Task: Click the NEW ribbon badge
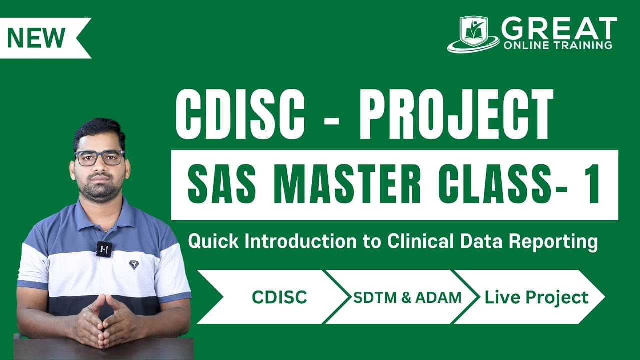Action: click(x=43, y=38)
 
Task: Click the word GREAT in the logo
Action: click(x=559, y=28)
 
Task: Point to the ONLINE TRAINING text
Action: click(x=558, y=45)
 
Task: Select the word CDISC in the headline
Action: click(x=240, y=114)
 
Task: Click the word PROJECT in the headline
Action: click(x=456, y=114)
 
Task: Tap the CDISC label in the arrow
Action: click(x=279, y=297)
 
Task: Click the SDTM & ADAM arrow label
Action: click(x=407, y=297)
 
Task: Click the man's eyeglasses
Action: click(x=99, y=158)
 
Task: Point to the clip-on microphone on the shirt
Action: click(x=104, y=249)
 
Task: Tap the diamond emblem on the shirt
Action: click(x=133, y=264)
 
